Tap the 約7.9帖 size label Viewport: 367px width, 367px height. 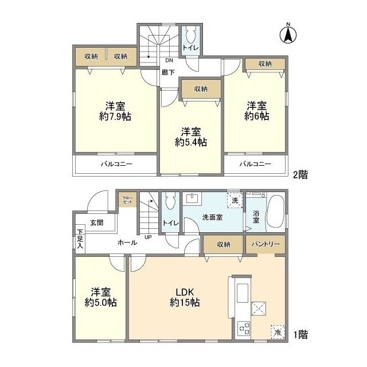pyautogui.click(x=115, y=116)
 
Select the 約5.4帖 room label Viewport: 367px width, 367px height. pyautogui.click(x=191, y=142)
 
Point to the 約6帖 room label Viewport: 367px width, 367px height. pyautogui.click(x=257, y=116)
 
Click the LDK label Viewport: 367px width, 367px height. pyautogui.click(x=185, y=292)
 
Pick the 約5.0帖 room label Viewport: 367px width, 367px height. pyautogui.click(x=101, y=303)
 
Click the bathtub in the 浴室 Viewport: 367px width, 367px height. pyautogui.click(x=275, y=211)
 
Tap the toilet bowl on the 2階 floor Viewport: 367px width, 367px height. pyautogui.click(x=190, y=36)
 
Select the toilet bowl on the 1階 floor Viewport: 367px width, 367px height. pyautogui.click(x=170, y=202)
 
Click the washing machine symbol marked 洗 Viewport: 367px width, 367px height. pyautogui.click(x=235, y=200)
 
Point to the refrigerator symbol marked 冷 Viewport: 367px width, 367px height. pyautogui.click(x=278, y=332)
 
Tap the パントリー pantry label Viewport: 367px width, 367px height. pyautogui.click(x=266, y=244)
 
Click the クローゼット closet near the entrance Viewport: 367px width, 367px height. pyautogui.click(x=127, y=200)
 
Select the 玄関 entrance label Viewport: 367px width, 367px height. pyautogui.click(x=97, y=222)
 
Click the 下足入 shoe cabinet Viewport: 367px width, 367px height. pyautogui.click(x=80, y=239)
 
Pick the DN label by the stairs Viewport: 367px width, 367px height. pyautogui.click(x=169, y=60)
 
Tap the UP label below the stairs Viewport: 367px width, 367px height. pyautogui.click(x=148, y=237)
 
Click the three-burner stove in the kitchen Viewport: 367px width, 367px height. pyautogui.click(x=244, y=329)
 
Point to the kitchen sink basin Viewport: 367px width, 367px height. pyautogui.click(x=243, y=293)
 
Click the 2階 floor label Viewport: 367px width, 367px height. pyautogui.click(x=300, y=174)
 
